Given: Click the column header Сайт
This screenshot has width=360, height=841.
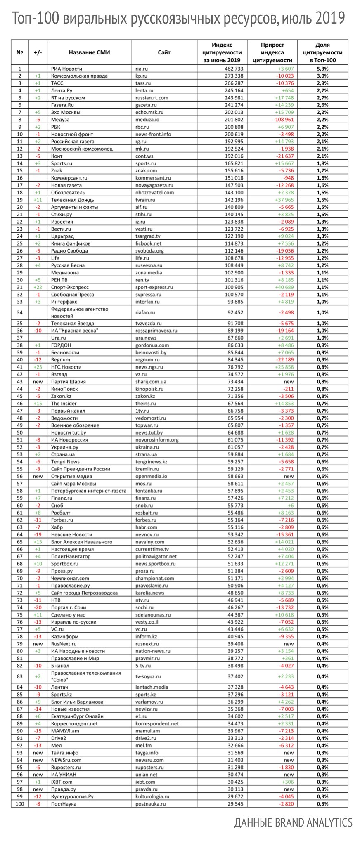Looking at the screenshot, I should pos(164,52).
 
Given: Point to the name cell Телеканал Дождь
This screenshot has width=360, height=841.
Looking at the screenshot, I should pos(70,200).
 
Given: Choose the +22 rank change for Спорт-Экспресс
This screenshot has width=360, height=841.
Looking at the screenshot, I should pos(38,287).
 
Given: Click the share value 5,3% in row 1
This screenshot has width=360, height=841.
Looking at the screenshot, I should pos(322,69).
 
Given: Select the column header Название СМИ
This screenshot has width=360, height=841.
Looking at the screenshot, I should pos(89,52).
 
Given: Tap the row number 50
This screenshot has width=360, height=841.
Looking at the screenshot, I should pos(20,432).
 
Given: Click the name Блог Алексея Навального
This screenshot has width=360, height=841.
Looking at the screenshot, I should pos(82,542).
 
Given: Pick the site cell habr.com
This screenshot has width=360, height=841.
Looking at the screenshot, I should pos(146,527).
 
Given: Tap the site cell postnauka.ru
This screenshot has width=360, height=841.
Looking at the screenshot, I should pos(150,804).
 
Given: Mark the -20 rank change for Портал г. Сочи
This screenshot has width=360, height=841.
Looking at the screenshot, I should pos(38,607).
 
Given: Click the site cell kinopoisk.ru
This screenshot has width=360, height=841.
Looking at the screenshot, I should pos(149,389).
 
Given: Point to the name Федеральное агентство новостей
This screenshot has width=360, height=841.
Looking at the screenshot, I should pos(79,312).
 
